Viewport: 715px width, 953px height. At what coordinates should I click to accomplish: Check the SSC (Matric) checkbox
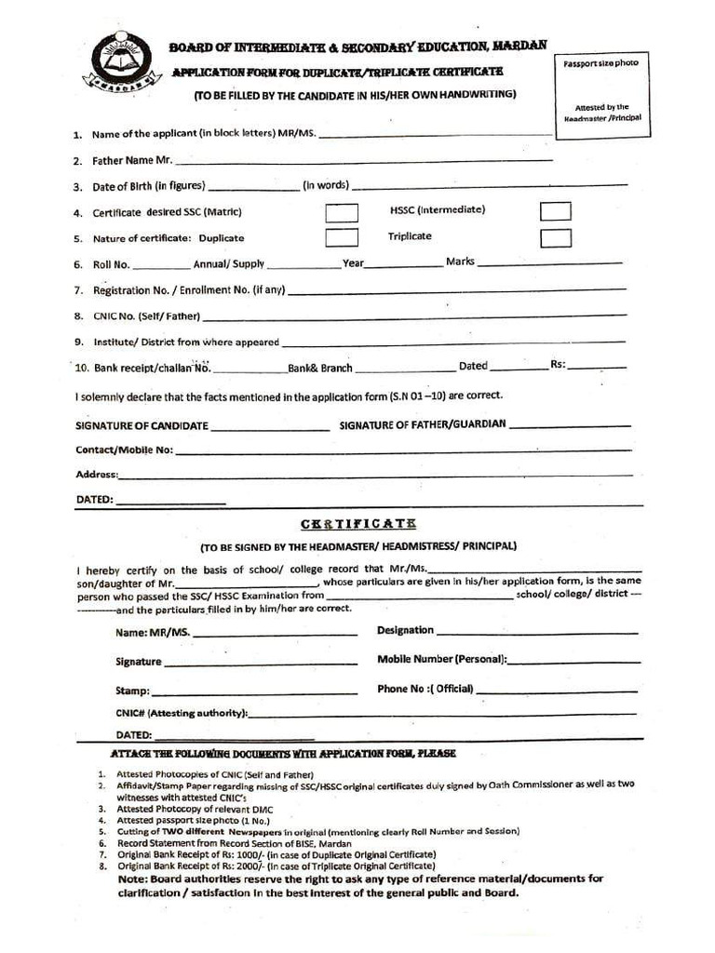342,212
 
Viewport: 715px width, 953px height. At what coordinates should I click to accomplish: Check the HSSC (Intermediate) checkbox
556,211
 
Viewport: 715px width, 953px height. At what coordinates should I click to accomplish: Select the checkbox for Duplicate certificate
342,237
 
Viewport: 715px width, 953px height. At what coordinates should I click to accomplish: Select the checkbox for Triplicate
556,237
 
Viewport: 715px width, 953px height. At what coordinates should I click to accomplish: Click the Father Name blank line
363,160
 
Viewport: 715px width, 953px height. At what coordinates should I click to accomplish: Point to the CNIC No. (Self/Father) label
146,316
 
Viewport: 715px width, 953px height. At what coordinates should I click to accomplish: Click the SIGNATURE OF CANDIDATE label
142,425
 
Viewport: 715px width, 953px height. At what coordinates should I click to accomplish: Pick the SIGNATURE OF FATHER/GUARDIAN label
423,424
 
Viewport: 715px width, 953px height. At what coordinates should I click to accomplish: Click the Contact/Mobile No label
124,450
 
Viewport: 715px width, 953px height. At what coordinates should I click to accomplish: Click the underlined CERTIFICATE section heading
357,525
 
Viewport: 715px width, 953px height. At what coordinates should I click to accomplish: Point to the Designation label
405,630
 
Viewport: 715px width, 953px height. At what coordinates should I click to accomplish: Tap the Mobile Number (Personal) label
442,659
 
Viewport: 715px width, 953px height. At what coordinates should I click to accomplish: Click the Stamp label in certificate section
132,691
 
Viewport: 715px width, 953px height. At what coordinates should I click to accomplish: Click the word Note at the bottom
134,879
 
